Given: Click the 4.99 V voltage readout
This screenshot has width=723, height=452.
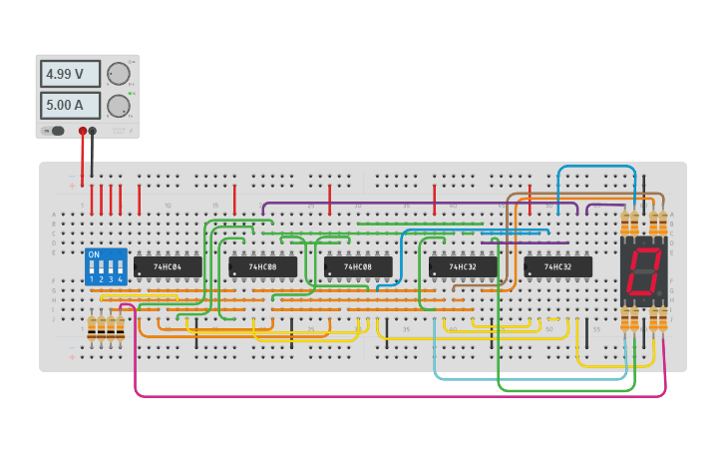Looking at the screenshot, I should [70, 74].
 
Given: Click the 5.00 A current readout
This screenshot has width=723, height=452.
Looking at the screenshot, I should [70, 106].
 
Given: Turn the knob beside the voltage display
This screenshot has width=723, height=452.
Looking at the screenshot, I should [119, 74].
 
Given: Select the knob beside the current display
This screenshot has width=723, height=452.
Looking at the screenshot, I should [119, 106].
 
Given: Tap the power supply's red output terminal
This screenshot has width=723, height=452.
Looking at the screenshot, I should [83, 131].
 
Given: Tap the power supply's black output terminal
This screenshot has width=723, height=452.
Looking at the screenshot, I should [93, 131].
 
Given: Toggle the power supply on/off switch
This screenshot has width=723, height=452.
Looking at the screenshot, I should [56, 131].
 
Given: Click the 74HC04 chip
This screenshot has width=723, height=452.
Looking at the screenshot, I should [168, 267].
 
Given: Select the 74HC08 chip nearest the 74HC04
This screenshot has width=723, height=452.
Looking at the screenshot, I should [263, 267].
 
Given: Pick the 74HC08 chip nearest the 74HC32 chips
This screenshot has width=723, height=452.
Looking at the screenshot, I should [358, 267].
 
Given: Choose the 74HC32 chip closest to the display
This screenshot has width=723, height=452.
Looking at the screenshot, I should [558, 267].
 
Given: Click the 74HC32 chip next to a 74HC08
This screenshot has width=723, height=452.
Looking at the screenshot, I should [463, 267].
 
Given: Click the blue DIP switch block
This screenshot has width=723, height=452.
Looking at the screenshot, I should [106, 267].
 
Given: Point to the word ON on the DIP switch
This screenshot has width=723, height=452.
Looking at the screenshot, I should [95, 254].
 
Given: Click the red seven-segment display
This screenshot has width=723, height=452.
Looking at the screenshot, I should [644, 271].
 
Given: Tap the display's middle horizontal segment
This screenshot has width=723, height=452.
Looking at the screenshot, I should [644, 271].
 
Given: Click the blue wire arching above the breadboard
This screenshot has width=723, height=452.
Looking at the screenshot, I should [596, 167].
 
